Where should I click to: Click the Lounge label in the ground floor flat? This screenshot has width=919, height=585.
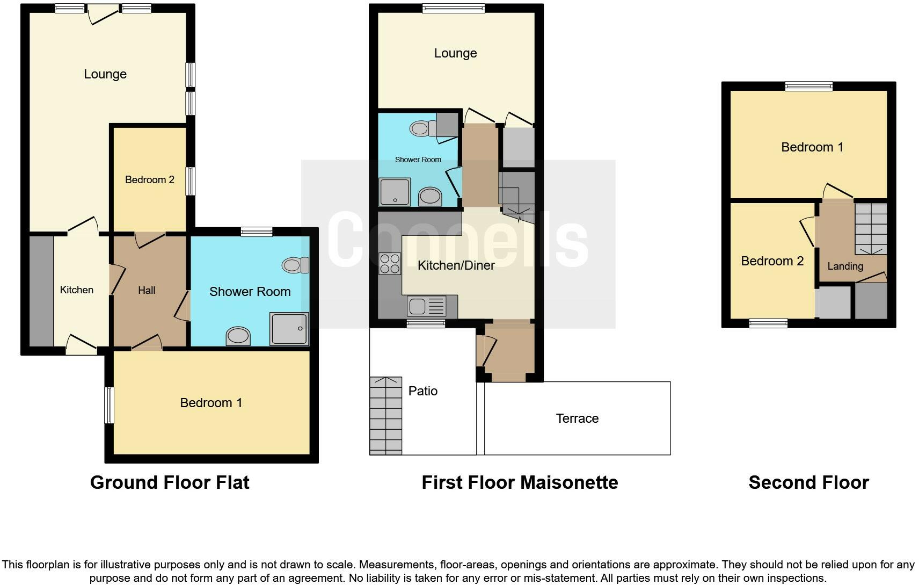pyautogui.click(x=105, y=74)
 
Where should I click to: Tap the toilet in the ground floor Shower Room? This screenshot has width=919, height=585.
pyautogui.click(x=295, y=265)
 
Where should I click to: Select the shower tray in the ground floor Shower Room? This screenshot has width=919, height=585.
pyautogui.click(x=289, y=328)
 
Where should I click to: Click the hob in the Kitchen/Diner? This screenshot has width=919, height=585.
pyautogui.click(x=390, y=263)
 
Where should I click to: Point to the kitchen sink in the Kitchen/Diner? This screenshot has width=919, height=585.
pyautogui.click(x=426, y=307)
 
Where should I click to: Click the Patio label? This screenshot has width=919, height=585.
pyautogui.click(x=423, y=391)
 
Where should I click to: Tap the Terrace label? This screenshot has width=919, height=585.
pyautogui.click(x=577, y=418)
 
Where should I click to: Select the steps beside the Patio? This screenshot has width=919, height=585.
pyautogui.click(x=385, y=416)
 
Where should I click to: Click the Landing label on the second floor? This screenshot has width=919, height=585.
pyautogui.click(x=845, y=266)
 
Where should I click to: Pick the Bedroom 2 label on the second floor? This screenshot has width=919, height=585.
pyautogui.click(x=772, y=261)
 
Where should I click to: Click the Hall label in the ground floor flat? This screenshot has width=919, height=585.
pyautogui.click(x=147, y=291)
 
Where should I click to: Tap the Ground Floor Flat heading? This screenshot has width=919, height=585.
pyautogui.click(x=170, y=482)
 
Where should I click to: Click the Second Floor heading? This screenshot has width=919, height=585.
pyautogui.click(x=808, y=482)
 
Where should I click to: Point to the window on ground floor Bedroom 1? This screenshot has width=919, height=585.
pyautogui.click(x=109, y=405)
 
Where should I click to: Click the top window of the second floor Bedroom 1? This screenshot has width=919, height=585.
pyautogui.click(x=808, y=85)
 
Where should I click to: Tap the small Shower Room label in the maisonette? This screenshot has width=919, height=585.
pyautogui.click(x=418, y=160)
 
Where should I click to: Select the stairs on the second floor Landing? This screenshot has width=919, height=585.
pyautogui.click(x=870, y=228)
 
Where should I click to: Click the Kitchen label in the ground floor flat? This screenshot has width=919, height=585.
pyautogui.click(x=77, y=290)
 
